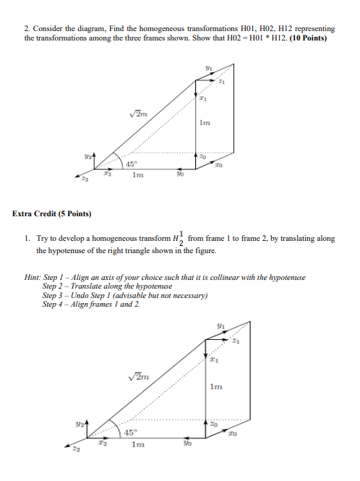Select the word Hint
click(x=33, y=278)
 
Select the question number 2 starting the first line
click(x=27, y=27)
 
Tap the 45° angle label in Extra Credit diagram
click(x=132, y=433)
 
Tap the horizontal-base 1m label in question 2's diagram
click(x=131, y=173)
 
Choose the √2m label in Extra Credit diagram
click(x=138, y=375)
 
